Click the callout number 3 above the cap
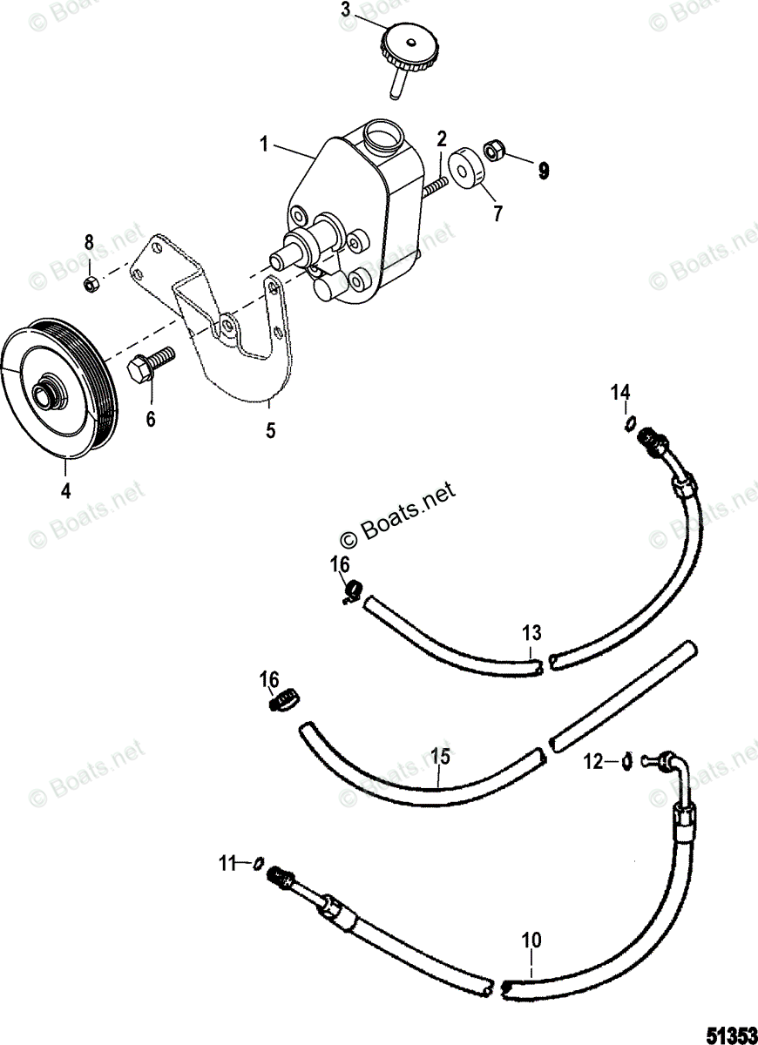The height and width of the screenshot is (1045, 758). coord(346,10)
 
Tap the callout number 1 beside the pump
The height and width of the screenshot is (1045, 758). coord(264,143)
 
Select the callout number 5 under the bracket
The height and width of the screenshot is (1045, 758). coord(271,430)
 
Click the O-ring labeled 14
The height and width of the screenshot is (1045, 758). coord(627,423)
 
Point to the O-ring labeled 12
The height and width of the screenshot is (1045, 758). coord(627,762)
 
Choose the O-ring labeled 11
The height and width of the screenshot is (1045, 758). coord(258,863)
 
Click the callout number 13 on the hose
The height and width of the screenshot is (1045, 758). coord(531,633)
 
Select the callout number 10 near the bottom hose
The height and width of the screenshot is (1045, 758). coord(531,940)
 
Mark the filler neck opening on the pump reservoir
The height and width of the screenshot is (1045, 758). coord(380,136)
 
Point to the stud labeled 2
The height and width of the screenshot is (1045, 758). coord(434,185)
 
